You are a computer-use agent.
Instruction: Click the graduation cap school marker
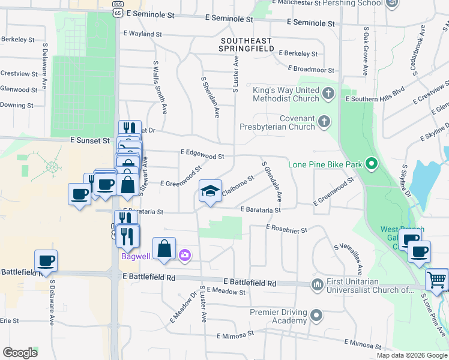tap(210, 191)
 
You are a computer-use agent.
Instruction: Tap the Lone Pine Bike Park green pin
tap(372, 163)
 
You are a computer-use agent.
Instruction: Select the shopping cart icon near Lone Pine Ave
tap(436, 279)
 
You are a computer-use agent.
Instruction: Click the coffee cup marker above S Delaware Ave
tap(46, 260)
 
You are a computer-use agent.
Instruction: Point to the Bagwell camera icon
tap(184, 256)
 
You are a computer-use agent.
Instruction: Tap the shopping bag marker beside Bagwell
tap(164, 248)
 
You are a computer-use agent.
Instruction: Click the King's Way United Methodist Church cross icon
tap(328, 94)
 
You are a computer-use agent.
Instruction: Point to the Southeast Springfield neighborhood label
tap(246, 44)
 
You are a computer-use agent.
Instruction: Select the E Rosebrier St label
tap(286, 229)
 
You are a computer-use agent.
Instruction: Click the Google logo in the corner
tap(20, 353)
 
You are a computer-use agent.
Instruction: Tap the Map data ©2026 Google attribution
tap(411, 355)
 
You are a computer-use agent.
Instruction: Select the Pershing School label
tap(352, 3)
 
